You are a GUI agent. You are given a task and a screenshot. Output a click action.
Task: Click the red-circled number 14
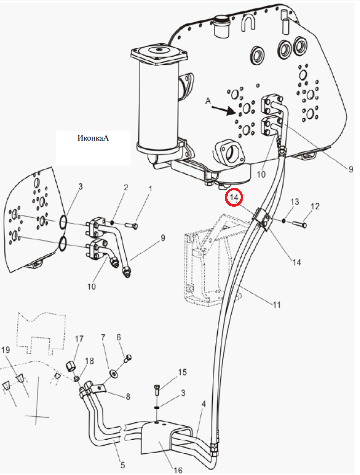click(x=234, y=197)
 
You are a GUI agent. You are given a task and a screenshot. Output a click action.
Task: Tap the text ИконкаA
click(x=93, y=138)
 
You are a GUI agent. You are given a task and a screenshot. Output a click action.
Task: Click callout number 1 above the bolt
click(x=150, y=189)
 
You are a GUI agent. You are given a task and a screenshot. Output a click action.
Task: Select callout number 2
click(x=126, y=187)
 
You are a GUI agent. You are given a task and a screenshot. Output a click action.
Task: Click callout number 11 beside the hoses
click(x=276, y=305)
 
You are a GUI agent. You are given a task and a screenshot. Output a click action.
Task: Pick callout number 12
click(x=315, y=206)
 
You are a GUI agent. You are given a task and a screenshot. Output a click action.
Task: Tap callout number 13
click(x=295, y=202)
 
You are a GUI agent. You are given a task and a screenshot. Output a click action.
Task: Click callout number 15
click(x=182, y=372)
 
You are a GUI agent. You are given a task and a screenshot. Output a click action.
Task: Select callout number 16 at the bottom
click(x=179, y=470)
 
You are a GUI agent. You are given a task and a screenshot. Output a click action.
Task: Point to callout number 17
click(x=79, y=339)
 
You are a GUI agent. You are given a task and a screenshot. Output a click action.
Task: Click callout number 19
click(x=5, y=350)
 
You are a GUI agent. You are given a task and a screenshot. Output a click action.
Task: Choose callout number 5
click(x=122, y=465)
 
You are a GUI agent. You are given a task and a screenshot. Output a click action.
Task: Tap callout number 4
click(x=203, y=404)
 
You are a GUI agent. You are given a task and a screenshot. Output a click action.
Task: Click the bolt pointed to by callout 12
click(x=300, y=224)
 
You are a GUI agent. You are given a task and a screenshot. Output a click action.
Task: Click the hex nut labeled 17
click(x=71, y=367)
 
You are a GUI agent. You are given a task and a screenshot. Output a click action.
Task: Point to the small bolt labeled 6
click(x=128, y=358)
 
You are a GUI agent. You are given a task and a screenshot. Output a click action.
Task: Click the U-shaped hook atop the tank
click(x=249, y=22)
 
